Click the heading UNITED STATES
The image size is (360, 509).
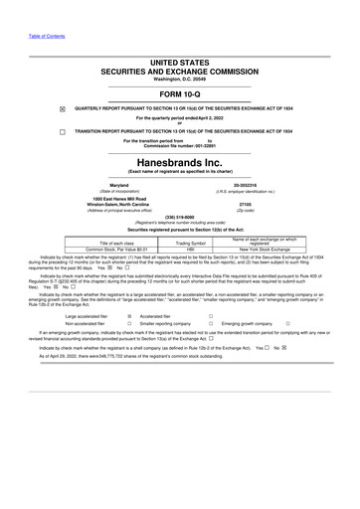point(180,61)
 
